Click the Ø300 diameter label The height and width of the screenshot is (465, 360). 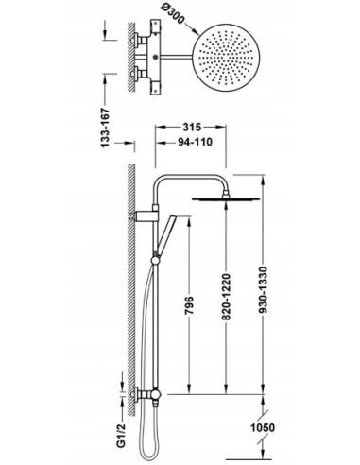173,14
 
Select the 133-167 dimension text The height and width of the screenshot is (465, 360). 105,128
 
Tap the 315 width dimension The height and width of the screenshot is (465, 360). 192,127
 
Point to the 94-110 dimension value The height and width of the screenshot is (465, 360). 196,142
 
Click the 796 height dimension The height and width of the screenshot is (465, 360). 189,305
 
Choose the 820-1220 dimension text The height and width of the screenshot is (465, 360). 226,298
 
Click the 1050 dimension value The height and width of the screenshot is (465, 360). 263,428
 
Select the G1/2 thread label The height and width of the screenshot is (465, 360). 121,435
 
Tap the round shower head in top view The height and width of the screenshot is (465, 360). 226,58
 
